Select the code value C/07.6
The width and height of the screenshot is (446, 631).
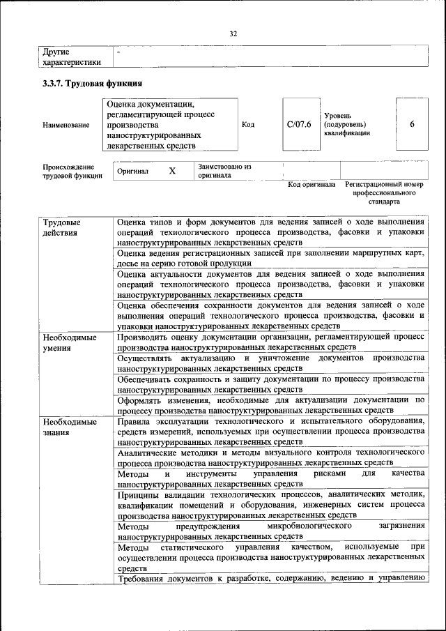point(298,124)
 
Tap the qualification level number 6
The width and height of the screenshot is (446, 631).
point(412,124)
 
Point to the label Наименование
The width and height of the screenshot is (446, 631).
point(66,125)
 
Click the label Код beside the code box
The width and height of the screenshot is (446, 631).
point(247,124)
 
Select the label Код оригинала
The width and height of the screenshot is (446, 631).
point(311,185)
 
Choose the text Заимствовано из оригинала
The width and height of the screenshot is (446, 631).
point(224,171)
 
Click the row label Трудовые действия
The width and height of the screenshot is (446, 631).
point(61,227)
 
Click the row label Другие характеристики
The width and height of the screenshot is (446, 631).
point(71,56)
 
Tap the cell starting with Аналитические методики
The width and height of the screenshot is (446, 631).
point(270,457)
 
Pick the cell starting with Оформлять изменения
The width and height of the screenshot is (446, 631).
point(270,405)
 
